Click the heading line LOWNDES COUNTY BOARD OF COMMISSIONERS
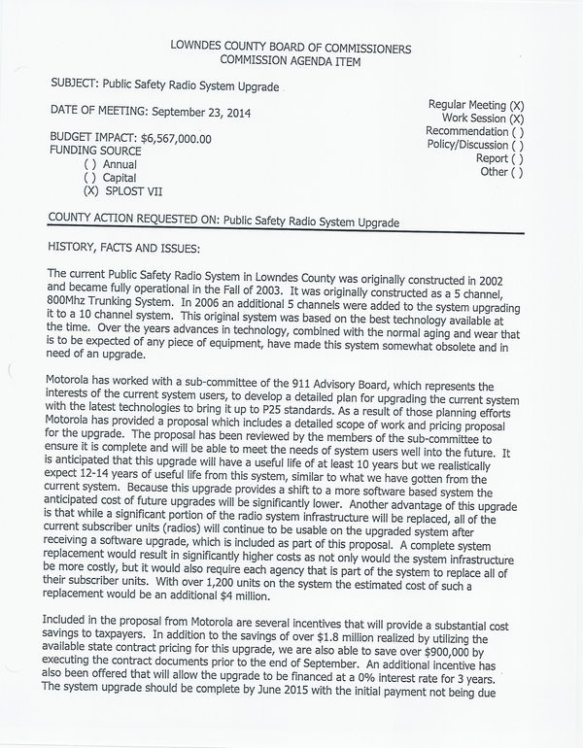point(291,48)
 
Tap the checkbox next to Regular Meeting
point(516,105)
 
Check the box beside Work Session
point(516,119)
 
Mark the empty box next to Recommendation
point(516,132)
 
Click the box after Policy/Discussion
point(516,146)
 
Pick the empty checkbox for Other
point(516,173)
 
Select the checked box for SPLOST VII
point(90,192)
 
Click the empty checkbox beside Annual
point(90,165)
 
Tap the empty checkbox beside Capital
point(90,179)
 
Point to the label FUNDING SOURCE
point(96,153)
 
